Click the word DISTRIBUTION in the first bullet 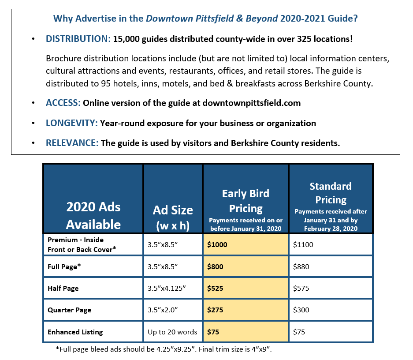click(78, 39)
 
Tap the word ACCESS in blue click(63, 103)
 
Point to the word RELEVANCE click(72, 143)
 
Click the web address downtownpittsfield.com click(252, 103)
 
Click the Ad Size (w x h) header click(173, 217)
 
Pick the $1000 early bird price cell click(217, 244)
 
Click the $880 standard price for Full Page click(301, 267)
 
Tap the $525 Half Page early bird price click(215, 289)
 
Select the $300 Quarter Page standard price click(301, 310)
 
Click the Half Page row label click(63, 289)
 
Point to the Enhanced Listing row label click(75, 332)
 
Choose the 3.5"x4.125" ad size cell click(167, 289)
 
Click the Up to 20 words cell click(172, 332)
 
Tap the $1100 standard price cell click(303, 244)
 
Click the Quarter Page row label click(69, 310)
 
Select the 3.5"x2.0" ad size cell click(163, 310)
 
